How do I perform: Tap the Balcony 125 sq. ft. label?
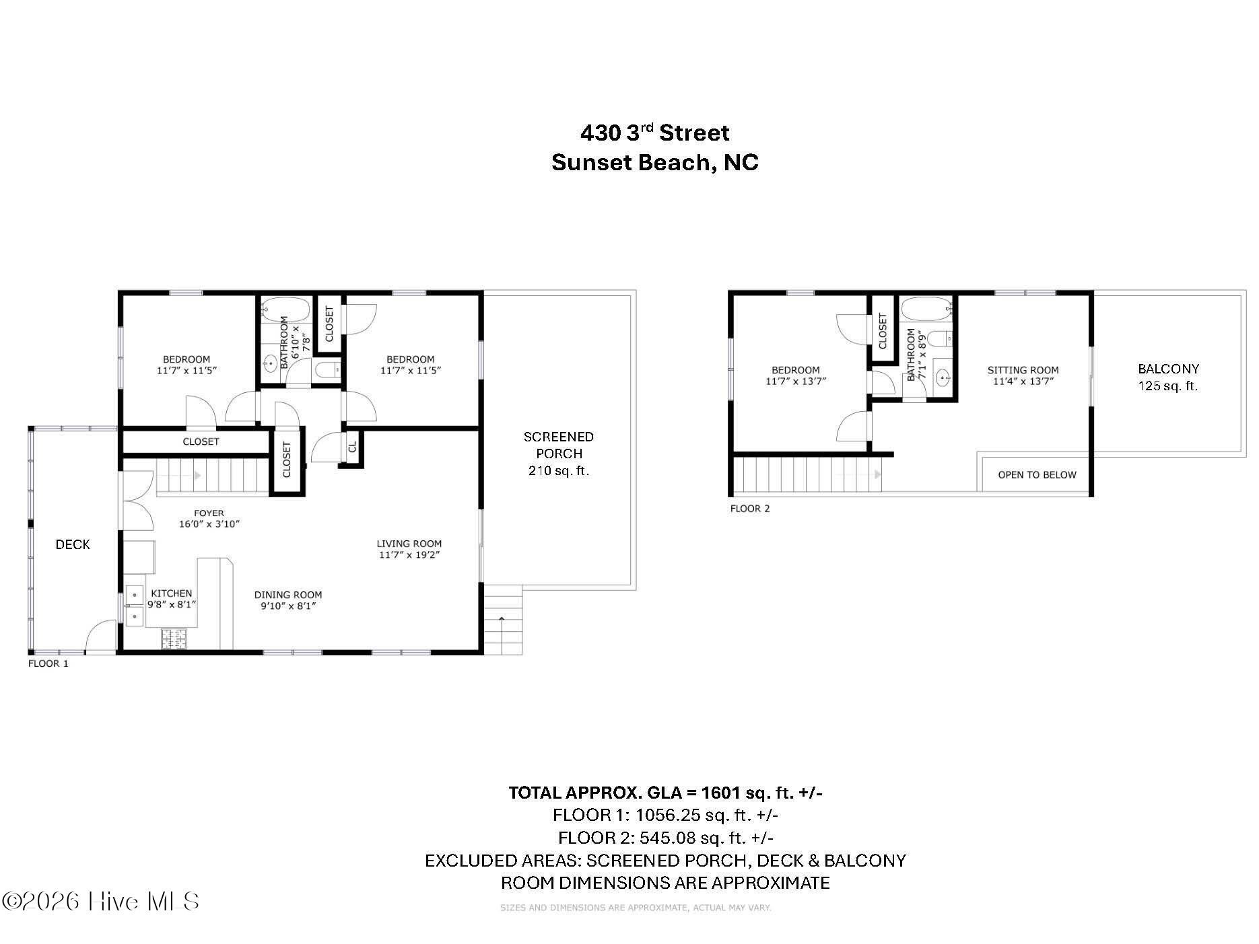tap(1168, 377)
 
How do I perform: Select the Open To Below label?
tap(1037, 475)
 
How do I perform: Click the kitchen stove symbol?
tap(174, 638)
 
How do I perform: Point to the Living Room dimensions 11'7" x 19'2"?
tap(409, 555)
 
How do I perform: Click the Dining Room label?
tap(288, 595)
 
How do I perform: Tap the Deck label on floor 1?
tap(73, 544)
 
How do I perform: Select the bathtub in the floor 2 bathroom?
tap(926, 311)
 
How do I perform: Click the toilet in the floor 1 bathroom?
tap(328, 369)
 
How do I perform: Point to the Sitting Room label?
tap(1023, 370)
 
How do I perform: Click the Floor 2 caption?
tap(749, 509)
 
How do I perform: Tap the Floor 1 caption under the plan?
tap(48, 663)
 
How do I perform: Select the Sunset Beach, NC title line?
tap(654, 163)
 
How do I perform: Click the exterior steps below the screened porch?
tap(503, 620)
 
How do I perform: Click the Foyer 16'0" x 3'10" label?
tap(209, 518)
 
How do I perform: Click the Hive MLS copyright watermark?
tap(101, 902)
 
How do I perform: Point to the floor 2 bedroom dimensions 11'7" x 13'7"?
tap(795, 382)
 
